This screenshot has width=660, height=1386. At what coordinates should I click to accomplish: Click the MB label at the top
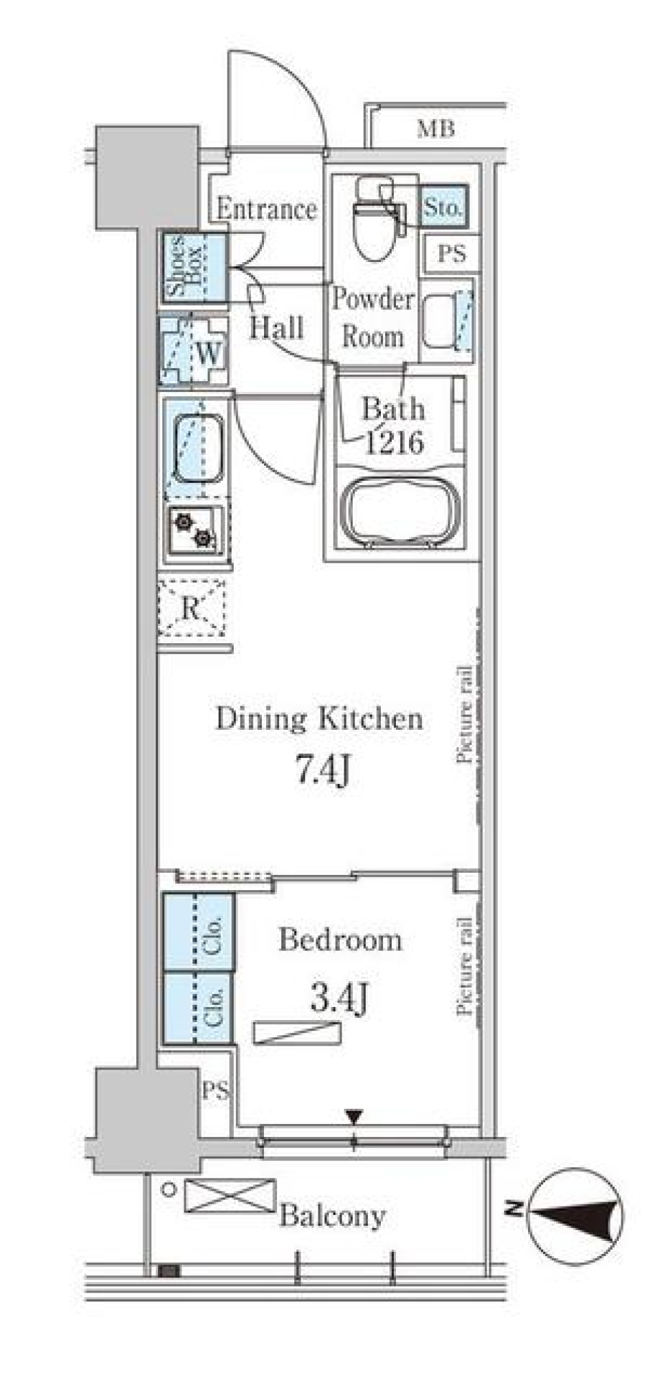[x=436, y=129]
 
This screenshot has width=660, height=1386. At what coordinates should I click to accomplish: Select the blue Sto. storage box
[x=443, y=207]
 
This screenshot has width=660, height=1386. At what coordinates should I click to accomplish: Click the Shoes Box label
[x=185, y=266]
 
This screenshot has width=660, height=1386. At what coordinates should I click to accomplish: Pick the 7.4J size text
[x=323, y=770]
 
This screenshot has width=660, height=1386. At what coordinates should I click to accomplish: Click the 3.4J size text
[x=340, y=998]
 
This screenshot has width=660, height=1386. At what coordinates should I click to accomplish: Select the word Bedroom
[x=340, y=940]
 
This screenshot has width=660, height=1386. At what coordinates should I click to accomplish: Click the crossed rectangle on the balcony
[x=230, y=1196]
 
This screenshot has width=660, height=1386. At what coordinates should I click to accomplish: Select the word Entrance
[x=267, y=208]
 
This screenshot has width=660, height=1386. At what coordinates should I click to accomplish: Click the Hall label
[x=276, y=327]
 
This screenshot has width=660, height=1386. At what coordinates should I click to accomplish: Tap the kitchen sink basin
[x=198, y=450]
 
